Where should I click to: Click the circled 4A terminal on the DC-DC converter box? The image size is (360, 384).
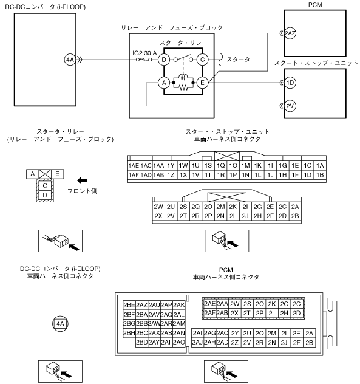click(x=70, y=60)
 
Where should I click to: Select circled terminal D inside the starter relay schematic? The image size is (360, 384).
click(x=164, y=60)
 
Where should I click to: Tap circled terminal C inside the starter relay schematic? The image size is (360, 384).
click(x=202, y=60)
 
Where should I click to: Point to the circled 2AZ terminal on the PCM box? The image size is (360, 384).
click(x=290, y=33)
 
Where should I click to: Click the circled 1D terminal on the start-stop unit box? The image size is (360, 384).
click(x=290, y=83)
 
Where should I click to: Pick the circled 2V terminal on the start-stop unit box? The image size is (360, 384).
click(x=290, y=106)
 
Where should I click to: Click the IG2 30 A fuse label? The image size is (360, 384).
click(x=144, y=53)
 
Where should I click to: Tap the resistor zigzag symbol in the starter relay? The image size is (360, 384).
click(x=183, y=87)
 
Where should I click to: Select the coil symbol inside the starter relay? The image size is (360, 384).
click(x=183, y=77)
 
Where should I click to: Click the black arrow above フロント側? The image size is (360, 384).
click(x=82, y=180)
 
